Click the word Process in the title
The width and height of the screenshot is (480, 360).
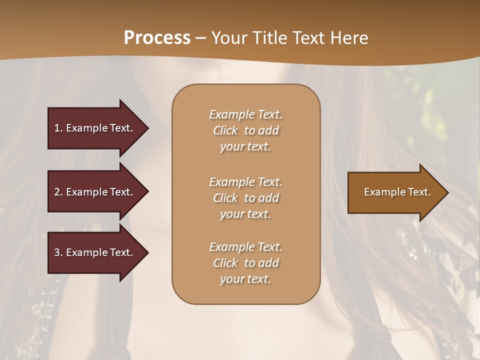point(157,38)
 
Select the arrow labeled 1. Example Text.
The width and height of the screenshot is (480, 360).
point(95,128)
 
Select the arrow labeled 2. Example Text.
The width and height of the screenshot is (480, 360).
point(95,192)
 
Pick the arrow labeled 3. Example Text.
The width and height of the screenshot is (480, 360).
point(95,252)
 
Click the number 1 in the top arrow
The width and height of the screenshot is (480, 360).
point(57,128)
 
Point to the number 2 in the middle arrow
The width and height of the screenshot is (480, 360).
point(57,192)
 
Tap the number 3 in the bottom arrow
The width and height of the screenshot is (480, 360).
point(57,252)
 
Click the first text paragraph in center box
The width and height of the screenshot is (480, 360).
point(245,130)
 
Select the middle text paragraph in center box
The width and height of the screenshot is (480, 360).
point(245,198)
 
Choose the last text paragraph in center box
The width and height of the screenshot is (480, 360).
point(245,263)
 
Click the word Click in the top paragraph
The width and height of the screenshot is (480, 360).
point(225,130)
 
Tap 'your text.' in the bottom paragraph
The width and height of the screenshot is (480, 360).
point(245,279)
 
